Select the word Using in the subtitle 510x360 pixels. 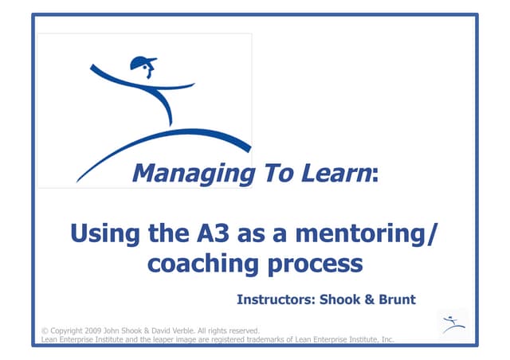[101, 235]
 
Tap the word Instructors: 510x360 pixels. [275, 300]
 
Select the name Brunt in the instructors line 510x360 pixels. [397, 300]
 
